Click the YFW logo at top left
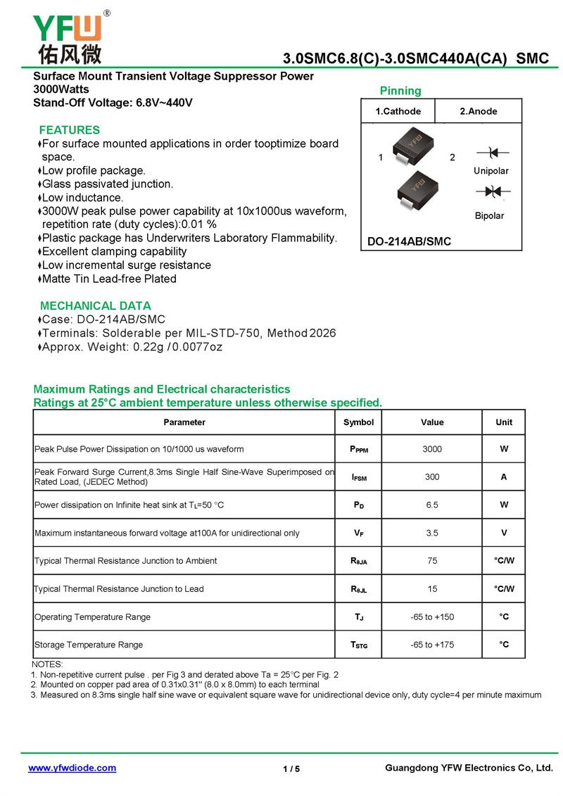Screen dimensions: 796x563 [x=68, y=37]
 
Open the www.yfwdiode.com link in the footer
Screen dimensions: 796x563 [x=72, y=768]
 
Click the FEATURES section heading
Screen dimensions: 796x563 [x=69, y=130]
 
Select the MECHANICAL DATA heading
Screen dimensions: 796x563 [x=95, y=306]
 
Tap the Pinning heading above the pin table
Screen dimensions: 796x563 [x=400, y=91]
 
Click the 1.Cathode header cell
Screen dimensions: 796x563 [x=398, y=111]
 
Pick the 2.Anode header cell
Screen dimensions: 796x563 [x=479, y=111]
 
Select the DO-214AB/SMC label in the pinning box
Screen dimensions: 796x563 [x=409, y=242]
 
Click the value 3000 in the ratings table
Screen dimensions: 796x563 [x=432, y=449]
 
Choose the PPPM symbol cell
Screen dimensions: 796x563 [x=358, y=449]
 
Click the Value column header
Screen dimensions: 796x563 [x=432, y=422]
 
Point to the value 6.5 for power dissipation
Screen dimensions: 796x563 [x=432, y=505]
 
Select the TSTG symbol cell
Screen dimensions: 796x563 [x=358, y=645]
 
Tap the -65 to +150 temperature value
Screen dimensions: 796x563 [x=432, y=617]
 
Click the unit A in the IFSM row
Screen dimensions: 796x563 [x=504, y=477]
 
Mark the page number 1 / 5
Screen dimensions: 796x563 [x=291, y=769]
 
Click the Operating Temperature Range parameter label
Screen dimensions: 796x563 [x=92, y=617]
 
